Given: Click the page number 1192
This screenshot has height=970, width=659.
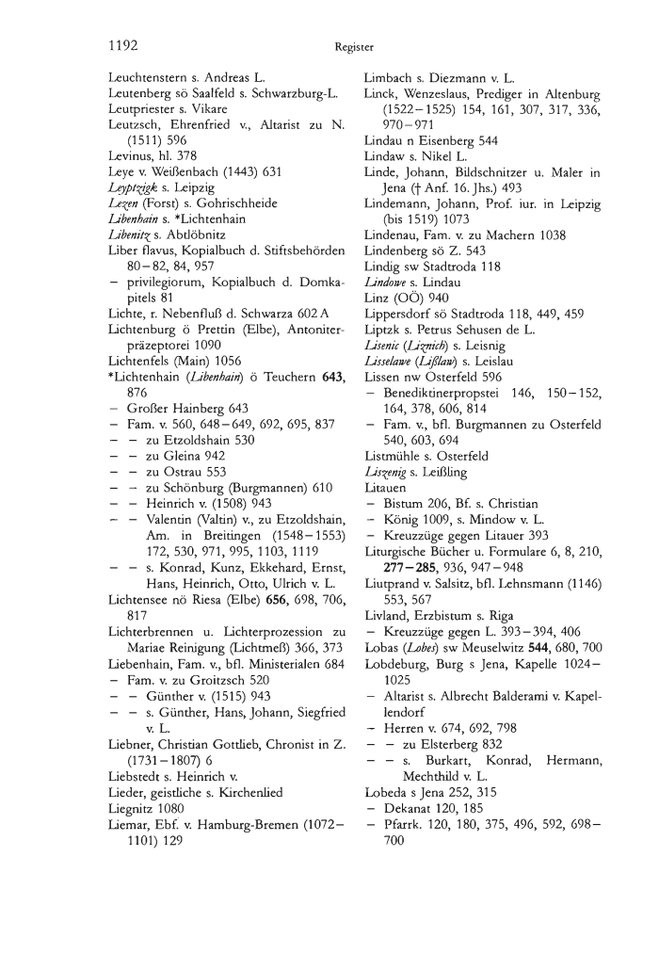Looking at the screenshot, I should coord(123,43).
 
